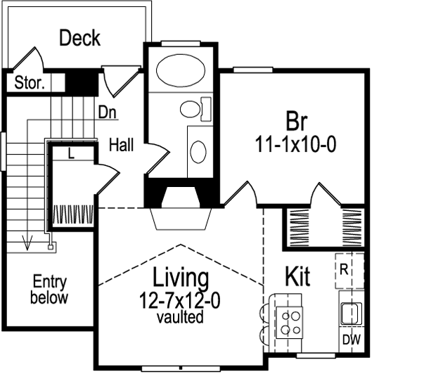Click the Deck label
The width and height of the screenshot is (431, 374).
click(x=80, y=38)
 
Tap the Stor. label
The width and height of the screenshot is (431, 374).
click(x=30, y=83)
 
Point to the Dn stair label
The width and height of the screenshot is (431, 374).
click(x=106, y=112)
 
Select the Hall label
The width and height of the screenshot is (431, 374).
click(x=122, y=146)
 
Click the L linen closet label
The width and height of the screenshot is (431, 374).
click(x=72, y=152)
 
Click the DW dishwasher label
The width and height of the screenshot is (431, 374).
click(x=349, y=340)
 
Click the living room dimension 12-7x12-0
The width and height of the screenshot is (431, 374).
click(x=180, y=301)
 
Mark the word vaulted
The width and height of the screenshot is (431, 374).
click(x=180, y=317)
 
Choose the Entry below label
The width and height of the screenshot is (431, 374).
click(x=50, y=290)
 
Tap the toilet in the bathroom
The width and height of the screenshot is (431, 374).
click(x=193, y=109)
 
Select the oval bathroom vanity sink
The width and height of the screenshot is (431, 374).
click(x=199, y=150)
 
